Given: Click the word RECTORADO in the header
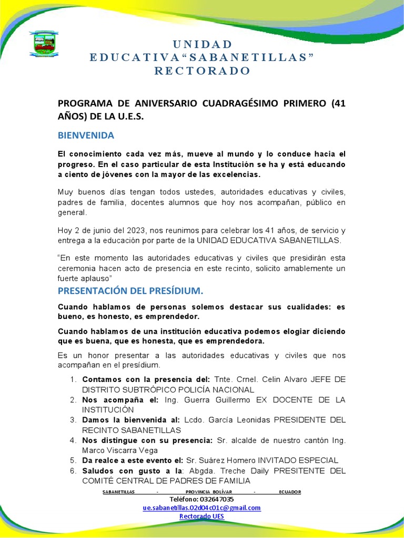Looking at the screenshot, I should [x=202, y=71].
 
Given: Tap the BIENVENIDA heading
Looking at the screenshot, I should [x=86, y=136].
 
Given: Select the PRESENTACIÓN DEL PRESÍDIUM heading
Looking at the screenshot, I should [x=130, y=291].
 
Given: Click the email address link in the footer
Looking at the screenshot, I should [x=202, y=508].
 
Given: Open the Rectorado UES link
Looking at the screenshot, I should [x=202, y=516].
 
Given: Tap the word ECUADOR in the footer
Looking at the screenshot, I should [x=290, y=492].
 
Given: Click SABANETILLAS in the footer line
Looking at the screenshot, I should [x=118, y=492].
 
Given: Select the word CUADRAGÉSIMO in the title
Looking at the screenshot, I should [x=233, y=103].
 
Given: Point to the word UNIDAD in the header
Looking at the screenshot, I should [x=202, y=44].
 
